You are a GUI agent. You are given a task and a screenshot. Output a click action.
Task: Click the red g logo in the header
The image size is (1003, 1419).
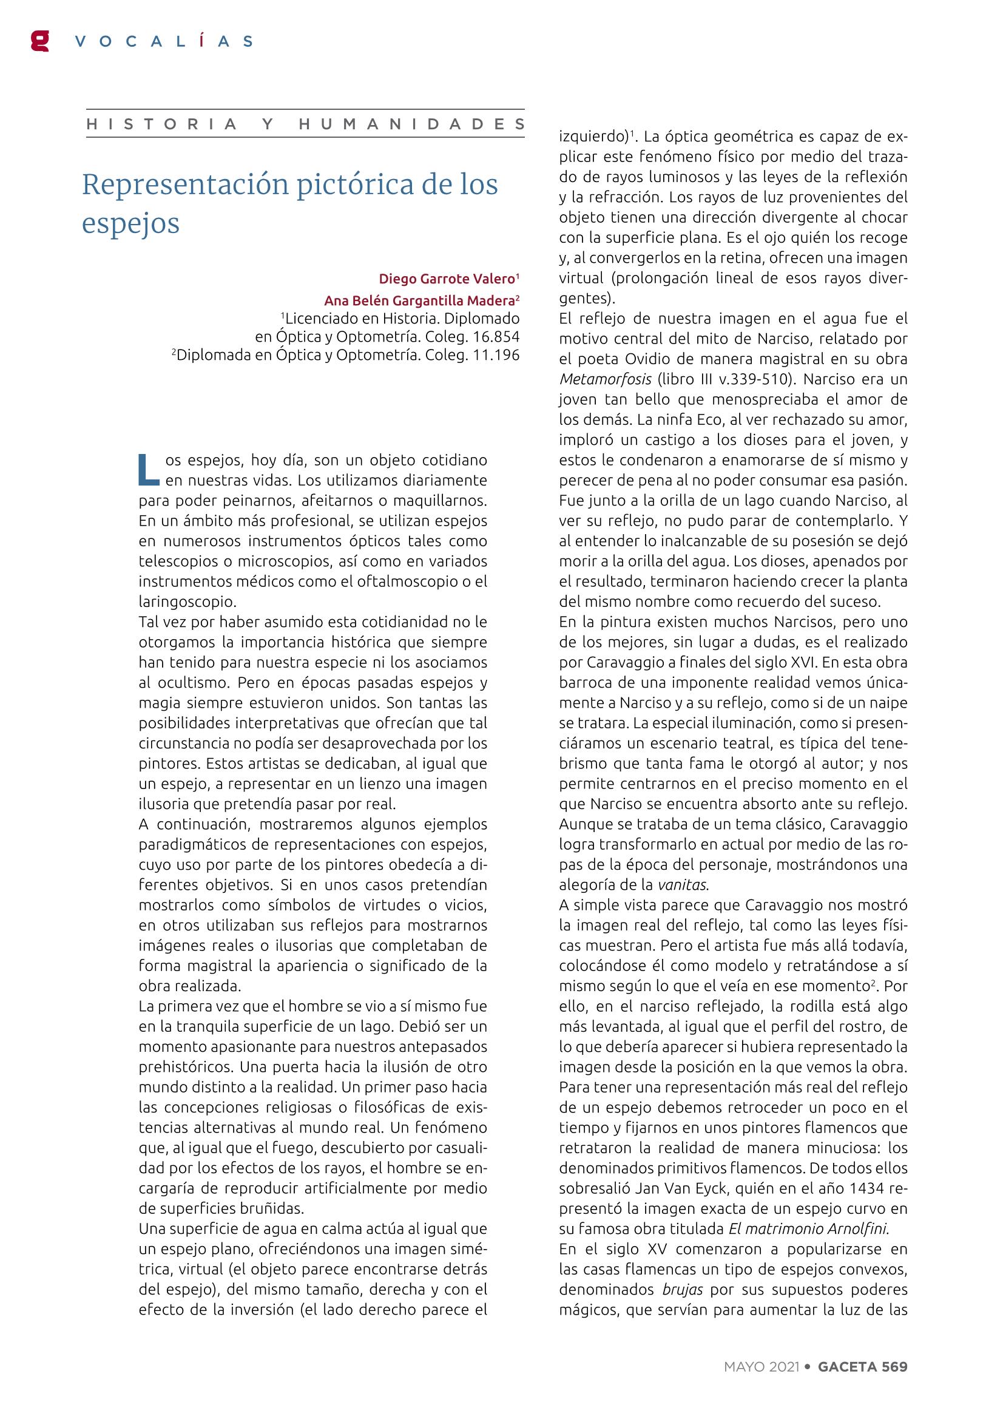pyautogui.click(x=40, y=41)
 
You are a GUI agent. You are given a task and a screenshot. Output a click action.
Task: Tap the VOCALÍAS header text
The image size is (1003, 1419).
pyautogui.click(x=163, y=41)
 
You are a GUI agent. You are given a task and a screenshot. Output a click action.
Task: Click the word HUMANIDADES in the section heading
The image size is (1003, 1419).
pyautogui.click(x=412, y=124)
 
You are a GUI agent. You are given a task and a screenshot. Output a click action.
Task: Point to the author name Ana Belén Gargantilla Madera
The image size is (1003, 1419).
pyautogui.click(x=420, y=300)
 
